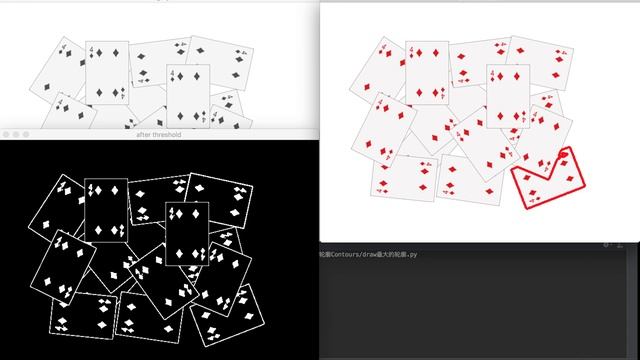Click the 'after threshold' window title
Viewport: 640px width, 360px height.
click(159, 134)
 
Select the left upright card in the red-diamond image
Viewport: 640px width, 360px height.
click(427, 72)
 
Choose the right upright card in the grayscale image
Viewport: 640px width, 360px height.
click(188, 96)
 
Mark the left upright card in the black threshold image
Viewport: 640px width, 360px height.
click(105, 211)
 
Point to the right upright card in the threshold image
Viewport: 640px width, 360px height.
click(187, 236)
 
